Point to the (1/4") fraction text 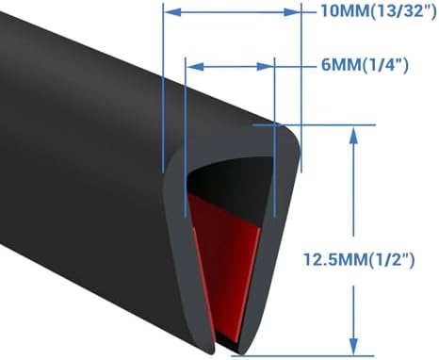point(375,67)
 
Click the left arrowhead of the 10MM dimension point(170,14)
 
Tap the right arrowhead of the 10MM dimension point(294,14)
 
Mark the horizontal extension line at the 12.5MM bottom point(301,355)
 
